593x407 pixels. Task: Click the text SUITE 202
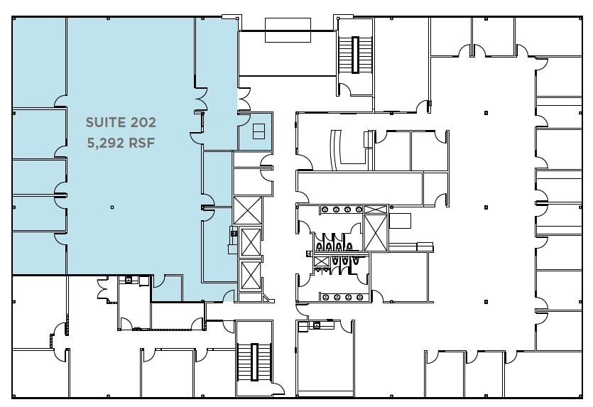pos(120,122)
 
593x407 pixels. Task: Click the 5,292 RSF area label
pos(120,142)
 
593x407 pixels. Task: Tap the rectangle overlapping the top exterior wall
pos(283,29)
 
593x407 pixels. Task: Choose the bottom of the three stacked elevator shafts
pos(251,274)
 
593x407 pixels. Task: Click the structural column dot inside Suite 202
pos(112,207)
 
